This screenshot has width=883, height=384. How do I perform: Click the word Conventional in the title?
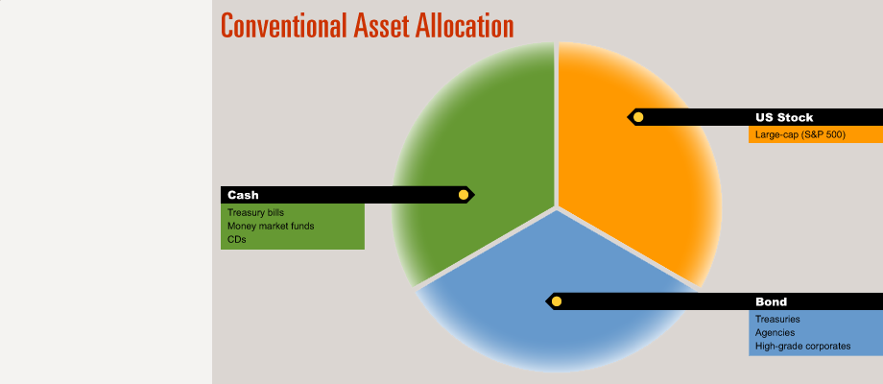coord(284,25)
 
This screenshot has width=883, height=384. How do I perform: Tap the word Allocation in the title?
coord(465,25)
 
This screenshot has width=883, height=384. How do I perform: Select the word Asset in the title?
coord(381,25)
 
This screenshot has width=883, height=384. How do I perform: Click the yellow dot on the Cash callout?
coord(464,195)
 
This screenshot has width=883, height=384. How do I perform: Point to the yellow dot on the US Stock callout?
coord(638,117)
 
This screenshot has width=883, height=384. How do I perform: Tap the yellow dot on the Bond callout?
coord(557,301)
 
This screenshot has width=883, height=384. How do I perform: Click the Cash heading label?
coord(243,196)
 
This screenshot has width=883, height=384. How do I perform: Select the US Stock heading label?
coord(784,118)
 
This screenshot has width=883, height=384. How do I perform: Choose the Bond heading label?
coord(771,301)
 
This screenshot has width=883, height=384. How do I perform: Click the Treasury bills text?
coord(255,213)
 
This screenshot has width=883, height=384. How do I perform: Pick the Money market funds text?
coord(271,227)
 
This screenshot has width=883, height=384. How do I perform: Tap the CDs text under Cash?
coord(237,239)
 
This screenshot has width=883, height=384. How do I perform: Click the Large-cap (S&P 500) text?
coord(800,135)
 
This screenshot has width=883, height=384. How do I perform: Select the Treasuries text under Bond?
coord(777,320)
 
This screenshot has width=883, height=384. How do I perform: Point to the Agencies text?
coord(776,333)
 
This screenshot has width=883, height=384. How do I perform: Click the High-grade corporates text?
coord(803,347)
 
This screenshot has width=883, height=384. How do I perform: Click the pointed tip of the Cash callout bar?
coord(475,195)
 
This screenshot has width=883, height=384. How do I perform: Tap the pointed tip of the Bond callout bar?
coord(545,301)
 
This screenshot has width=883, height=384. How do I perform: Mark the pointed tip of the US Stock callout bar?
coord(627,117)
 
